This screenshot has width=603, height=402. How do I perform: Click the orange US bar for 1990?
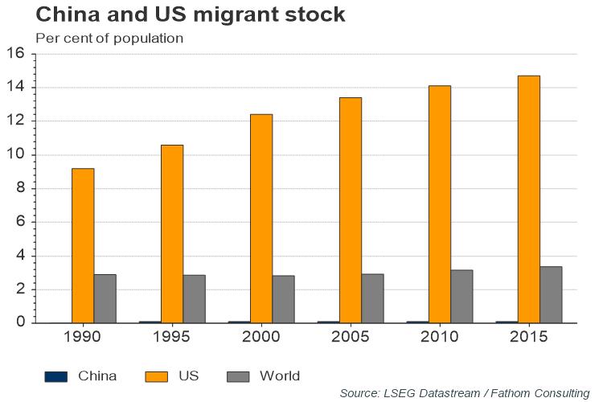coord(83,245)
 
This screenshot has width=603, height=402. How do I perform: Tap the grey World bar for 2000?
coord(283,299)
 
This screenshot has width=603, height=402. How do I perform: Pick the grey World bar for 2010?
coord(461,296)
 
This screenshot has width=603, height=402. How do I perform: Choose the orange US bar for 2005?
coord(350,210)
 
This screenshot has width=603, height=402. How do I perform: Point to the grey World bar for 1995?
coord(194,298)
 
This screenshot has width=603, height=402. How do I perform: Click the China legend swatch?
coord(55,375)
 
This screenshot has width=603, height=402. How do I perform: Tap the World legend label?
coord(280,375)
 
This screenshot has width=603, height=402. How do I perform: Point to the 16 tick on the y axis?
coord(18,54)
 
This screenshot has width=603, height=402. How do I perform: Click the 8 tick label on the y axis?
coord(22,188)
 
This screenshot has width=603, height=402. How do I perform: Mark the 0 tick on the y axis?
coord(22,322)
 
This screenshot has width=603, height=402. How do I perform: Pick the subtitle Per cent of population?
coord(109,38)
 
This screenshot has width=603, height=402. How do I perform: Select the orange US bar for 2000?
coord(260,218)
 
